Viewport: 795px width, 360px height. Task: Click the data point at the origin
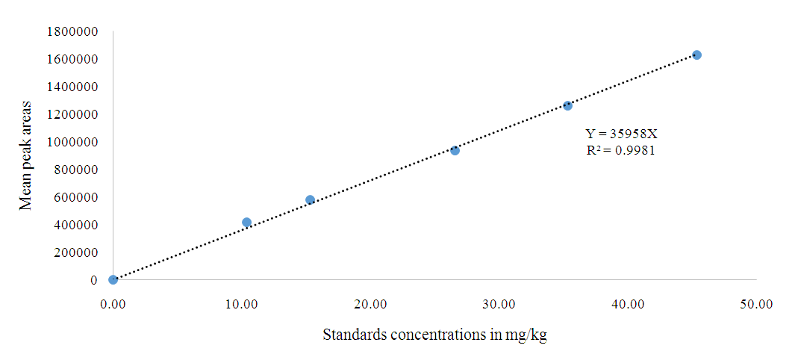click(x=113, y=280)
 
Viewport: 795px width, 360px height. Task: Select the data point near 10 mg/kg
click(x=246, y=222)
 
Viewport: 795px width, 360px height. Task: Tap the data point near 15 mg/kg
click(x=310, y=200)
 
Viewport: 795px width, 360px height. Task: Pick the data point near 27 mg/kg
click(x=455, y=150)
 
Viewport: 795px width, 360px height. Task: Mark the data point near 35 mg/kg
click(x=567, y=105)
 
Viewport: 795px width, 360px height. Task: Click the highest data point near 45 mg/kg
click(x=696, y=55)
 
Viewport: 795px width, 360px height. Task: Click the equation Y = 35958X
click(x=621, y=134)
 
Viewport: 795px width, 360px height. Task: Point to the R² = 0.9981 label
click(x=621, y=150)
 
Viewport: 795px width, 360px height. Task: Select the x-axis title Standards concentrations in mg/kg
click(x=434, y=335)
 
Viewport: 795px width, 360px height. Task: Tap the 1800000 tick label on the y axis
click(x=72, y=31)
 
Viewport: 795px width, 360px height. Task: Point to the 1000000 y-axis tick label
click(x=72, y=142)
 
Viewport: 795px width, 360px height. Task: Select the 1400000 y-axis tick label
click(x=72, y=87)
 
